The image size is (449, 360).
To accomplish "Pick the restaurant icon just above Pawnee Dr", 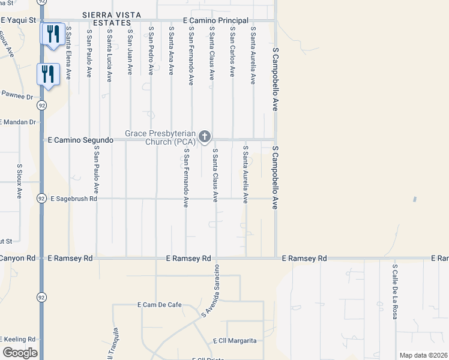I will pyautogui.click(x=47, y=74).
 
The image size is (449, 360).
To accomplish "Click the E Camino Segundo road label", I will pyautogui.click(x=80, y=140).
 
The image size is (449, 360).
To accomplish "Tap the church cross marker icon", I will pyautogui.click(x=205, y=136).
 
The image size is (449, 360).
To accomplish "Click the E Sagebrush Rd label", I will pyautogui.click(x=73, y=198).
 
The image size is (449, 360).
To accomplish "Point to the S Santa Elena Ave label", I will pyautogui.click(x=69, y=53).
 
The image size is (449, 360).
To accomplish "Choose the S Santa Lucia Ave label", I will pyautogui.click(x=109, y=54).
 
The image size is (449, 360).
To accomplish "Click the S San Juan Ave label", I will pyautogui.click(x=130, y=50).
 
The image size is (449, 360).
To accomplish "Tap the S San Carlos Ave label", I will pyautogui.click(x=232, y=52).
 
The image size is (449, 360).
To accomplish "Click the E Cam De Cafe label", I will pyautogui.click(x=160, y=305).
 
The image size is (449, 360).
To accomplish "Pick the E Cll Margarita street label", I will pyautogui.click(x=235, y=341).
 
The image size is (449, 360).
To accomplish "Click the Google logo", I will pyautogui.click(x=20, y=353).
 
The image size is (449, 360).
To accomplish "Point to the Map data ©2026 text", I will pyautogui.click(x=423, y=355).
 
